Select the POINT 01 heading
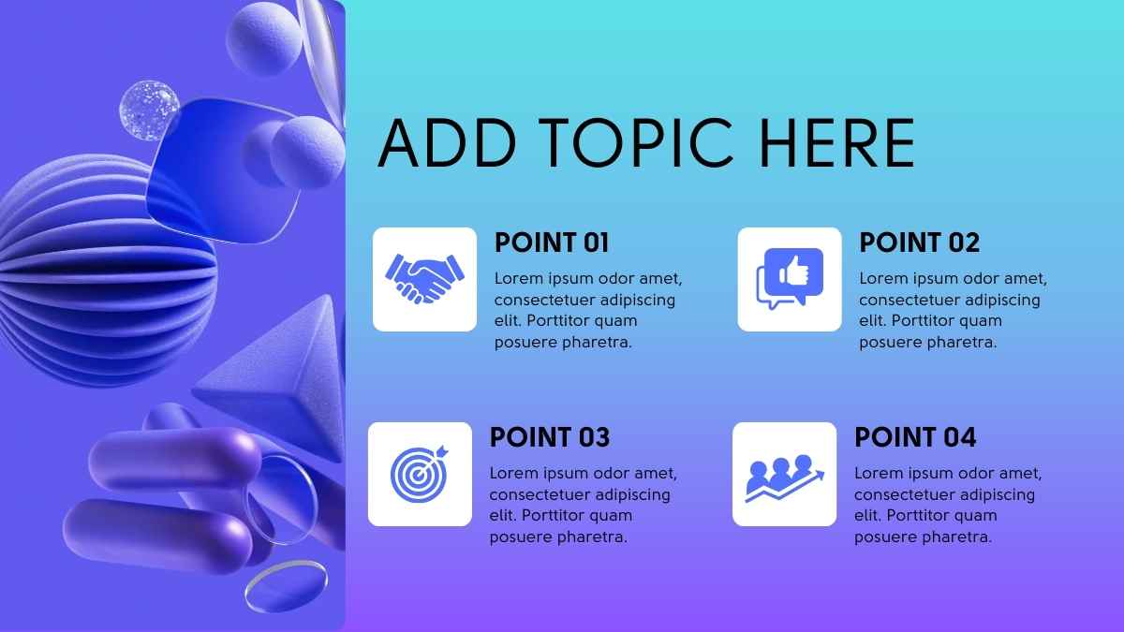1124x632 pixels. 552,243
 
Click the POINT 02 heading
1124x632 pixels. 919,243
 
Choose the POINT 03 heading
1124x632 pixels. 550,437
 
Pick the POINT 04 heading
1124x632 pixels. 915,437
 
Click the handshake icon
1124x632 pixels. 424,279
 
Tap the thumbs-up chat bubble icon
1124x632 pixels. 790,278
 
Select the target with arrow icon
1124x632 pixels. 420,474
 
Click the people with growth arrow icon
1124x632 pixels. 784,478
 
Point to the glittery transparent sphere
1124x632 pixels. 149,110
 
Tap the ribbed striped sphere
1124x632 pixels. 100,271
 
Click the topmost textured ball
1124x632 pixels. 264,39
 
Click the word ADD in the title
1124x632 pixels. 447,142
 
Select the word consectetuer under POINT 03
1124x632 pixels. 537,495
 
